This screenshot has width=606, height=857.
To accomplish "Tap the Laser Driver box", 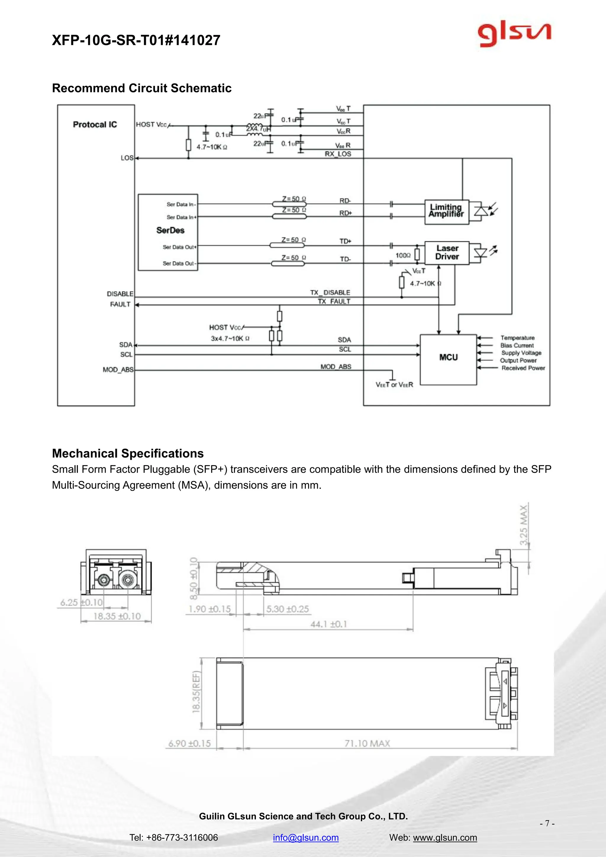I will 447,253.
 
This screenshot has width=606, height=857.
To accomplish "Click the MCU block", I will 448,357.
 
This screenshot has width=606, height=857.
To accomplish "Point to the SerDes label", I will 170,230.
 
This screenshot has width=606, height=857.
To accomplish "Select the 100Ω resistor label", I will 403,255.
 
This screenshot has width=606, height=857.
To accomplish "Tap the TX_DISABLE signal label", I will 330,292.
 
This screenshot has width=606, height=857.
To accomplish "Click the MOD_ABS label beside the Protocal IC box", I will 118,370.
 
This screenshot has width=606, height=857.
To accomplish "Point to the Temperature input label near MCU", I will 517,338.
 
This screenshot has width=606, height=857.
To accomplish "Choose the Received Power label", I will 523,368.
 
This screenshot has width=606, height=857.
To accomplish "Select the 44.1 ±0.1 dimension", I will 328,624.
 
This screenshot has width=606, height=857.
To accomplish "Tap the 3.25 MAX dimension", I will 524,525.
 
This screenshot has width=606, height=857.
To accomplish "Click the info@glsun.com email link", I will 306,837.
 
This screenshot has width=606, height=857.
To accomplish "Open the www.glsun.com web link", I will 445,837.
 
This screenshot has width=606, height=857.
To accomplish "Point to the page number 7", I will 547,823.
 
